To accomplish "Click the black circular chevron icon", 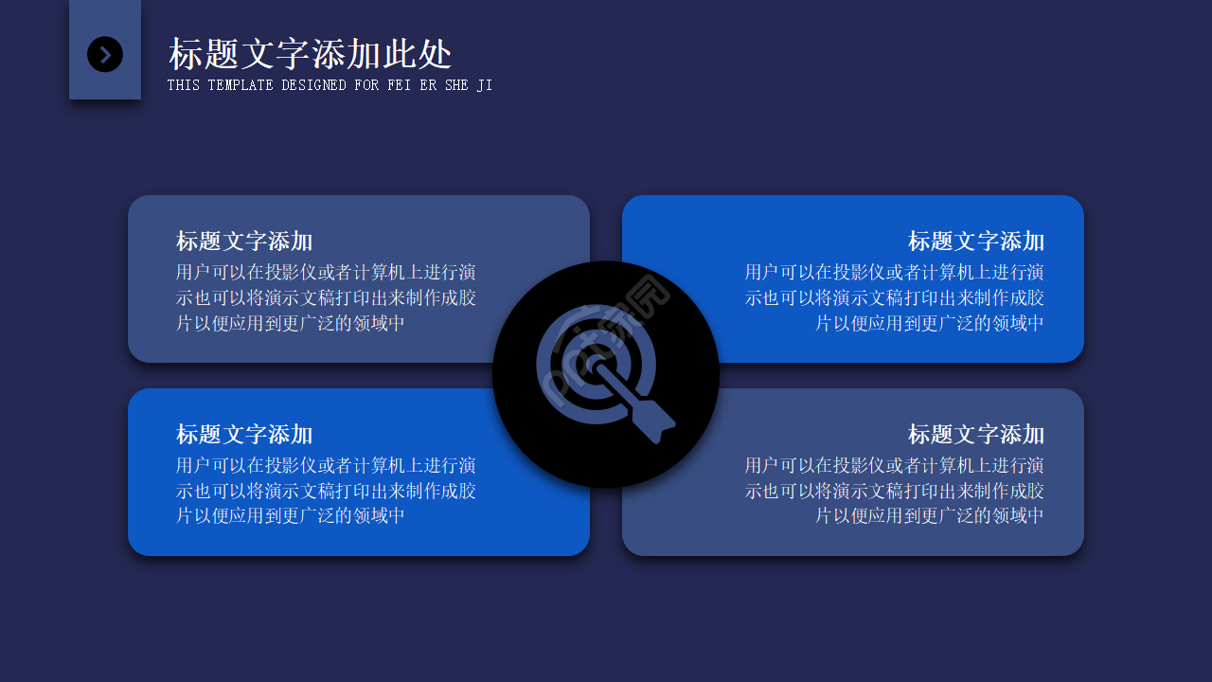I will point(105,54).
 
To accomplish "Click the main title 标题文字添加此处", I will point(311,54).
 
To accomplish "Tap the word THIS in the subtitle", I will point(184,85).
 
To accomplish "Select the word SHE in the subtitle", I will point(456,85).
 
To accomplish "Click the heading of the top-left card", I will point(244,241).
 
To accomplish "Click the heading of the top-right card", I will point(976,241).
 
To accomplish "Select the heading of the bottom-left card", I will point(244,434).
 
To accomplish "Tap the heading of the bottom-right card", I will point(976,434).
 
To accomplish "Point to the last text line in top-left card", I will point(291,323).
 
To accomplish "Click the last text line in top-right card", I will point(930,323).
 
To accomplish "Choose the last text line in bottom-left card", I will point(291,516).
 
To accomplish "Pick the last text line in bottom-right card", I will point(930,516).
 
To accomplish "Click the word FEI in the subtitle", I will point(399,85).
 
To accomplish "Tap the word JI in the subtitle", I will point(485,85).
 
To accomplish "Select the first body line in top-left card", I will point(326,273).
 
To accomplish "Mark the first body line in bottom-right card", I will point(895,466).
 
